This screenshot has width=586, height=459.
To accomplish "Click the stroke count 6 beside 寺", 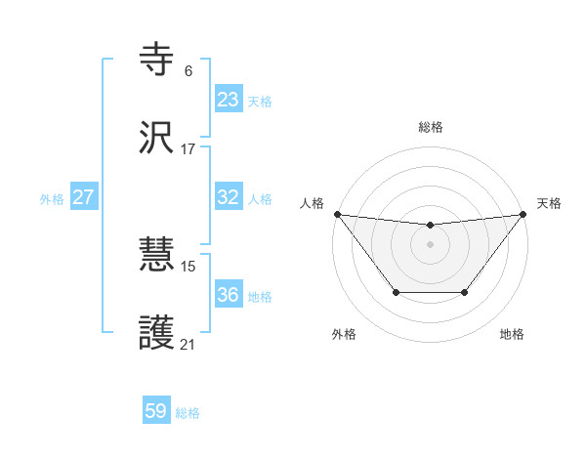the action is pyautogui.click(x=188, y=71).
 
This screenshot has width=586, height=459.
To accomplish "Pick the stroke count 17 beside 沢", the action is pyautogui.click(x=188, y=149).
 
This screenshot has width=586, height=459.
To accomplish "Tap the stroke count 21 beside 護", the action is pyautogui.click(x=188, y=345).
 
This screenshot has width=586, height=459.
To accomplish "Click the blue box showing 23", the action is pyautogui.click(x=229, y=100).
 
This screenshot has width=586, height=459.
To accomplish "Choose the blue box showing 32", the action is pyautogui.click(x=229, y=197).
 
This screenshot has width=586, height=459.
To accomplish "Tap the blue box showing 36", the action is pyautogui.click(x=229, y=295).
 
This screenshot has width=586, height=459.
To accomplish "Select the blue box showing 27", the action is pyautogui.click(x=84, y=197).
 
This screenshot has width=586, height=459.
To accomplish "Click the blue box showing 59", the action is pyautogui.click(x=156, y=412).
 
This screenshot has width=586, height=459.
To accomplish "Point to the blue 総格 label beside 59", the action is pyautogui.click(x=188, y=413).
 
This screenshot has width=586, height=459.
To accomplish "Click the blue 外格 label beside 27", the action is pyautogui.click(x=52, y=198).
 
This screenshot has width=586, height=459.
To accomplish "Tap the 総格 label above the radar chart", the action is pyautogui.click(x=431, y=127).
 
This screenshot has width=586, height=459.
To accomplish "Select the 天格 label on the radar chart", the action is pyautogui.click(x=549, y=203).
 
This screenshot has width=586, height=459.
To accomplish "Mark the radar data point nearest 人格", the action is pyautogui.click(x=337, y=214).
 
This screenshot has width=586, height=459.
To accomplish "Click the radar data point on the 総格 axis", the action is pyautogui.click(x=430, y=226).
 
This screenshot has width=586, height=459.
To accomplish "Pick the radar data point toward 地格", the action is pyautogui.click(x=465, y=292).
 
